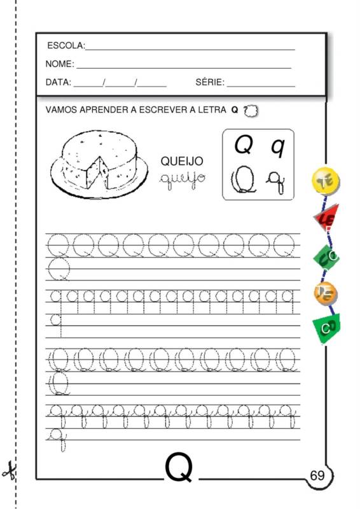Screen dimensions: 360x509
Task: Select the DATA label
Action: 59,83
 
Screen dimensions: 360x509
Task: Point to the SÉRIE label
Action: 209,83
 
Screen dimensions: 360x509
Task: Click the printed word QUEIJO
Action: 181,162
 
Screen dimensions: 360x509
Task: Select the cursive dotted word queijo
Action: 182,176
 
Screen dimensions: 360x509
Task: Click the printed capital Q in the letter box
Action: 244,146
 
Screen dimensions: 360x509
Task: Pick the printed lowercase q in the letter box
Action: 277,147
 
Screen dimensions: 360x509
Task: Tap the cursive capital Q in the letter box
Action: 244,179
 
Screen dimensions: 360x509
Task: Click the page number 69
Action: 317,475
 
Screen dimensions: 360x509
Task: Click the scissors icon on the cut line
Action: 9,472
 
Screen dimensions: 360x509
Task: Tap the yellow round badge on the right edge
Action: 326,181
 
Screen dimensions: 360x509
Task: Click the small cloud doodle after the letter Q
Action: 251,110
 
